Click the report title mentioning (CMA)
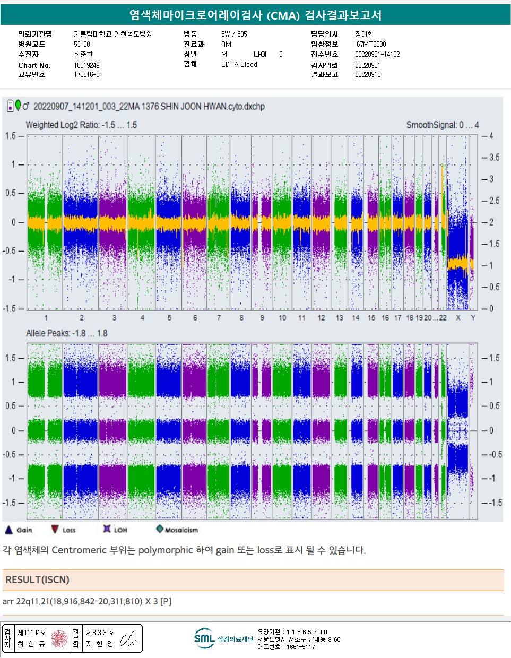[255, 15]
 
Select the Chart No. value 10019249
[86, 65]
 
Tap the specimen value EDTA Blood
[239, 64]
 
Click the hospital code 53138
[82, 44]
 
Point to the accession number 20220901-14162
[377, 54]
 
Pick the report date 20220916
[368, 74]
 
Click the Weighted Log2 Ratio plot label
[81, 125]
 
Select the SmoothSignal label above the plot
[442, 125]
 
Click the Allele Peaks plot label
[67, 333]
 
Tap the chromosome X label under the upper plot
[458, 317]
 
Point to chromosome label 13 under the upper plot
[340, 317]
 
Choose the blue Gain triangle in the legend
[8, 530]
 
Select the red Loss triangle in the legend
[55, 529]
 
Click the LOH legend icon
[107, 529]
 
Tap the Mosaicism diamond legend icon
[160, 529]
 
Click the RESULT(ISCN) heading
[37, 579]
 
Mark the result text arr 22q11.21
[87, 601]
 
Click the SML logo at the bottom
[204, 638]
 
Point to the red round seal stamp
[59, 638]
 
